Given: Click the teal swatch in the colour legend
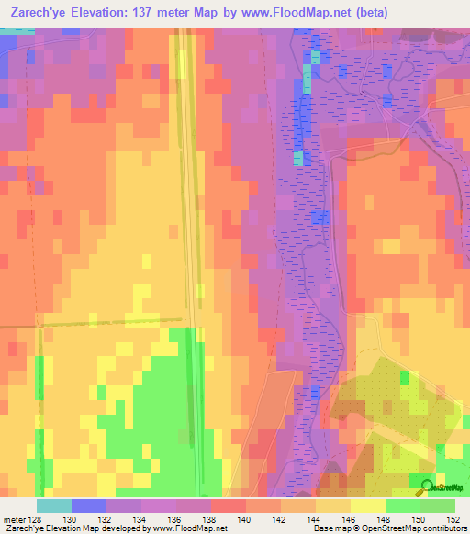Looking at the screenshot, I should (x=54, y=506).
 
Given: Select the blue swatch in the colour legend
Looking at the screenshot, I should (x=89, y=506).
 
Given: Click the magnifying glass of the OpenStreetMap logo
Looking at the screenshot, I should (x=424, y=487).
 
